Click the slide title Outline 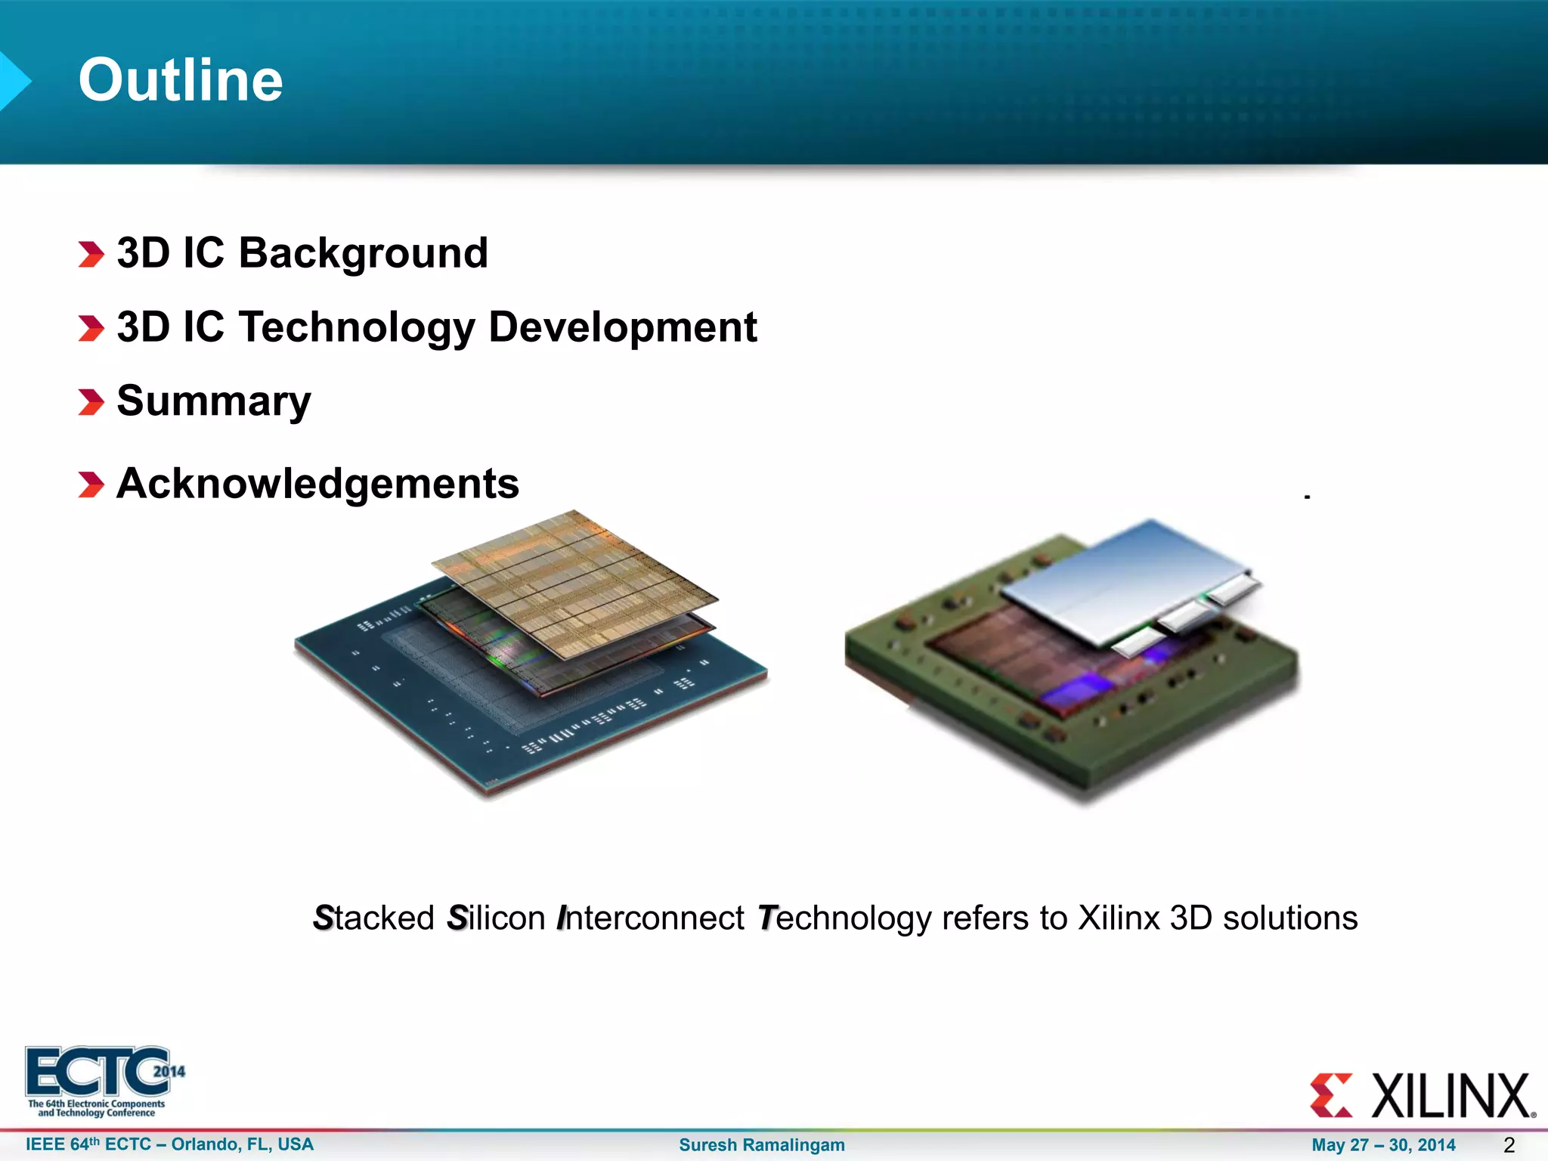181,80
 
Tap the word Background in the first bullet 364,252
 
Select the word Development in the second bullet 622,327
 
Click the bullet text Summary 214,401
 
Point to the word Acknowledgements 318,483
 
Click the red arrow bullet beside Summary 91,402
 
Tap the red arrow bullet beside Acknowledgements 91,485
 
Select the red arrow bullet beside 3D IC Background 91,254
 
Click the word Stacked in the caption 374,918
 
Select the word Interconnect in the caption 651,918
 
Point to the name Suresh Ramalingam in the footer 762,1144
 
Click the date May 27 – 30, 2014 1383,1144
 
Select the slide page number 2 1509,1144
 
